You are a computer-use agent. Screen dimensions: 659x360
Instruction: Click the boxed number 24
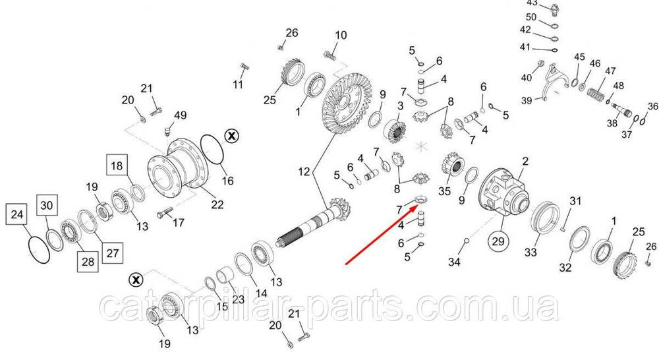click(17, 214)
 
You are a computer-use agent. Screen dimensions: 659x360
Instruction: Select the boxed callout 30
click(47, 205)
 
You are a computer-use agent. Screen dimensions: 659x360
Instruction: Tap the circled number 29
click(498, 241)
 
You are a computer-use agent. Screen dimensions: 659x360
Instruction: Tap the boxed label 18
click(117, 165)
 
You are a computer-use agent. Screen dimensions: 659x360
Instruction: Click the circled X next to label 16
click(231, 136)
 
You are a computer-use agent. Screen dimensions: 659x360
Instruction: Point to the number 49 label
click(181, 115)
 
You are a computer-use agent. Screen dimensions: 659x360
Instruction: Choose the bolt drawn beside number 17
click(165, 213)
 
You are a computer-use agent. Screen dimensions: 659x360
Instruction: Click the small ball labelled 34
click(466, 241)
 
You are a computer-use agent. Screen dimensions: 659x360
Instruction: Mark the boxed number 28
click(88, 262)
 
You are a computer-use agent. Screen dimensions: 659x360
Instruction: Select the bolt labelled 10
click(330, 55)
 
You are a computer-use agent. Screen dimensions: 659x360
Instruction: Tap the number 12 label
click(304, 171)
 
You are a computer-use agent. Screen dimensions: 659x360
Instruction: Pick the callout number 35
click(444, 191)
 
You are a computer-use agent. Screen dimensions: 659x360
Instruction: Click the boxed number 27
click(112, 253)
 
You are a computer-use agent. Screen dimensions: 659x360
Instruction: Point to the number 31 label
click(575, 201)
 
